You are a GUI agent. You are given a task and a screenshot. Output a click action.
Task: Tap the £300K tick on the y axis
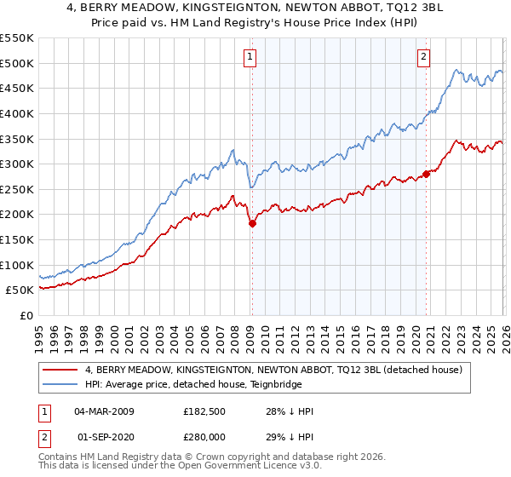click(x=17, y=164)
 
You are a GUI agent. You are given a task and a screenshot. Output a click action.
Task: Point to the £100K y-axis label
click(x=17, y=265)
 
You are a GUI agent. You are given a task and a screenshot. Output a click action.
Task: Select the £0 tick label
click(x=27, y=315)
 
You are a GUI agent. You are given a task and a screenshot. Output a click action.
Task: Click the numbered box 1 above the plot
click(x=250, y=57)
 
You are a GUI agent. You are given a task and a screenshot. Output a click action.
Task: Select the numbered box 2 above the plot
click(x=423, y=57)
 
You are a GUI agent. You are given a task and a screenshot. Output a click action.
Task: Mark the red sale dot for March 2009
click(x=252, y=223)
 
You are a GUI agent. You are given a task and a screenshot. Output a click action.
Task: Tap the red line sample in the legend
click(x=60, y=370)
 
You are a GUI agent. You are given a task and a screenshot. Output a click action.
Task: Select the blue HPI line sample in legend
click(x=60, y=384)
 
